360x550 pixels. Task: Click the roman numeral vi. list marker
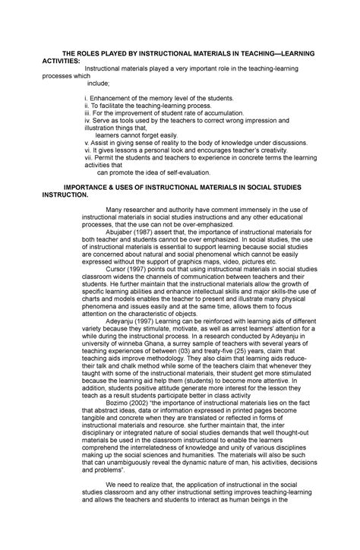tap(88, 150)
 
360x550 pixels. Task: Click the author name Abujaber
tap(124, 238)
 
